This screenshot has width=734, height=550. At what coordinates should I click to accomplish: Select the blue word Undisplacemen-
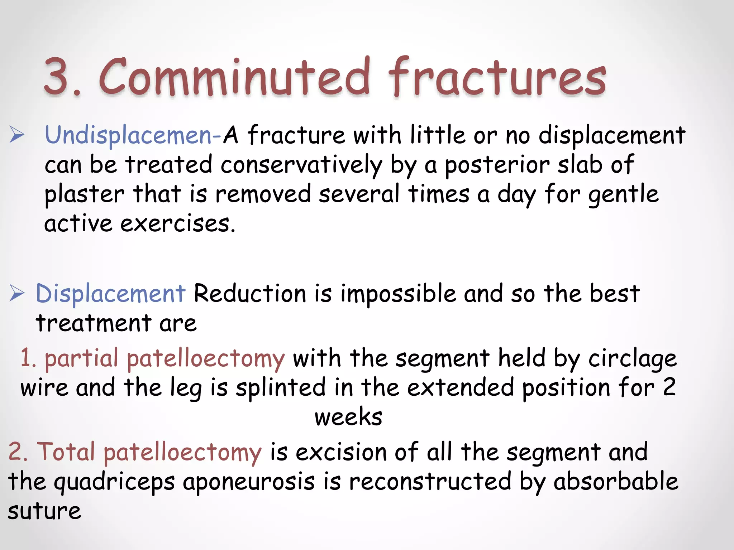point(133,136)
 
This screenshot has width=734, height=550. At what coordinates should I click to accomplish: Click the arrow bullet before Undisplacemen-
point(17,135)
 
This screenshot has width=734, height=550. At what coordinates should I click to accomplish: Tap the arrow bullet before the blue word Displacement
point(17,293)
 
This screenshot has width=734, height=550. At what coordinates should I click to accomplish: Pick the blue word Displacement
point(110,294)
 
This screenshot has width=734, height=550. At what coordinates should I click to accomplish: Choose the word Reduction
point(250,294)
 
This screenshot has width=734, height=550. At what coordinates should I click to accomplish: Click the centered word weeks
point(348,417)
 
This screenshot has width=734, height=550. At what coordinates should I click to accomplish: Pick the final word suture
point(44,511)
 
